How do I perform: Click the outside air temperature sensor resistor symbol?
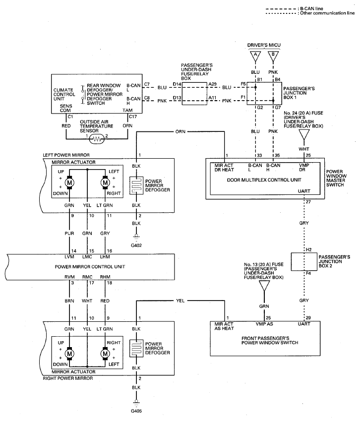tap(97, 139)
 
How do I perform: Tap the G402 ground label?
tap(136, 245)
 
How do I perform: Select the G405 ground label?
tap(136, 411)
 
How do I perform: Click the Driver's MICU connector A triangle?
tap(255, 56)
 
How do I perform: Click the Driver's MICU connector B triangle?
tap(273, 56)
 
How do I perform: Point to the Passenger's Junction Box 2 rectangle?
tap(304, 262)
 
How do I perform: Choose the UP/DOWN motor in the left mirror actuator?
tap(69, 183)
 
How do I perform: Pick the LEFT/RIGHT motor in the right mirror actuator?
tap(105, 354)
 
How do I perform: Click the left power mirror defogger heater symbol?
tap(136, 185)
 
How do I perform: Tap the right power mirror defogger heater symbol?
tap(136, 348)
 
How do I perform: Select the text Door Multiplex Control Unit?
tap(264, 180)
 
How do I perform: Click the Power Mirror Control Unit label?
tap(90, 267)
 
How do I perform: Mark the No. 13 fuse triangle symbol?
tap(264, 286)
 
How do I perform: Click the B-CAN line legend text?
tap(311, 8)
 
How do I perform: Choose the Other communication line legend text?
tap(327, 13)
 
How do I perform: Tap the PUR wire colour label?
tap(69, 234)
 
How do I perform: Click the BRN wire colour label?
tap(69, 301)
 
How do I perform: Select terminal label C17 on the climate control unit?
tap(133, 117)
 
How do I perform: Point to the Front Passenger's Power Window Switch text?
tap(270, 341)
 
